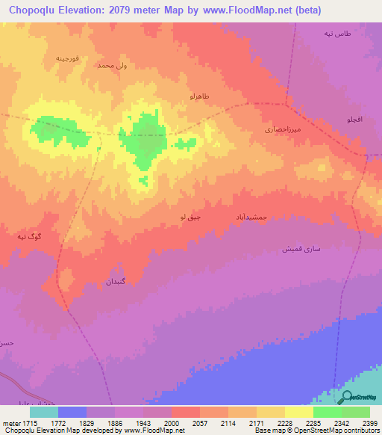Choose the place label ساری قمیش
coord(301,248)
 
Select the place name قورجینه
coord(72,57)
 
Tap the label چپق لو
coord(190,217)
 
